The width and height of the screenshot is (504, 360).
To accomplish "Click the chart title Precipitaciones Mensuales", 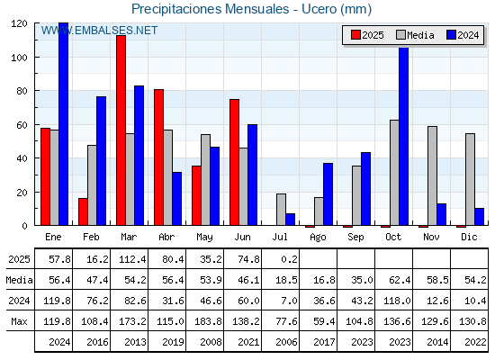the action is point(211,9).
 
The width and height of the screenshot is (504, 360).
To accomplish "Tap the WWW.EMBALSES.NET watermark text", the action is point(99,31).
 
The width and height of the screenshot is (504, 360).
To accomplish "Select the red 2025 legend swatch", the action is point(355,35).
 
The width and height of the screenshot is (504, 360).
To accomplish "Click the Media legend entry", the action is point(415,35).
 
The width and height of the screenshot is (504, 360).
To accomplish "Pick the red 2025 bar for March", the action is point(121,130).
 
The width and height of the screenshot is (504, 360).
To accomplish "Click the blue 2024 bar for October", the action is point(403,136).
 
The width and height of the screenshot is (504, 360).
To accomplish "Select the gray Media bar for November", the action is point(432,175).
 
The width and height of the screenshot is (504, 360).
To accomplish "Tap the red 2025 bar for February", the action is point(83,211).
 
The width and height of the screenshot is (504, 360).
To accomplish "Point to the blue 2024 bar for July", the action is point(290,220).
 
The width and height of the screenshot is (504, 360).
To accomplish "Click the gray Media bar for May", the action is point(205,180).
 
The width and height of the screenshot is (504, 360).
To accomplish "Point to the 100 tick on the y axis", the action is point(19,58).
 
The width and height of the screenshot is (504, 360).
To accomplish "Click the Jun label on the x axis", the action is point(242,238).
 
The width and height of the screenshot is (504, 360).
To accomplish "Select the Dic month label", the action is point(469,238).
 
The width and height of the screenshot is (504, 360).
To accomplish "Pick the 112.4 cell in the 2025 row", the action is point(132,259).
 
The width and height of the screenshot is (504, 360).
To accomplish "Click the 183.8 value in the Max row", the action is point(208,321).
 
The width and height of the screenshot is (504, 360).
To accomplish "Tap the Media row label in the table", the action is point(19,280).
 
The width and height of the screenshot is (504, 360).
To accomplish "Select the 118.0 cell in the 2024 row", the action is point(397,301).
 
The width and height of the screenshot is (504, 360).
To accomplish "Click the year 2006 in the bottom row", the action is point(286,342).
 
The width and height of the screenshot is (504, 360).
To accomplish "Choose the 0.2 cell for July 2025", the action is point(289,259).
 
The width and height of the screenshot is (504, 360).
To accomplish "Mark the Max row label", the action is point(19,321).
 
